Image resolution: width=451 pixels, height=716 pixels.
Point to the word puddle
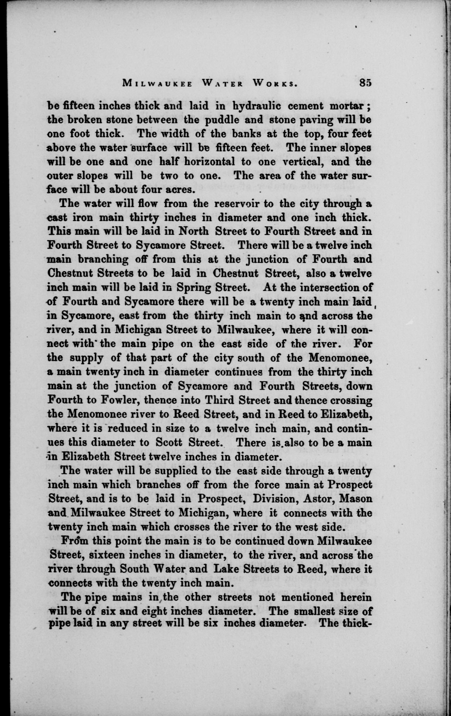218,121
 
